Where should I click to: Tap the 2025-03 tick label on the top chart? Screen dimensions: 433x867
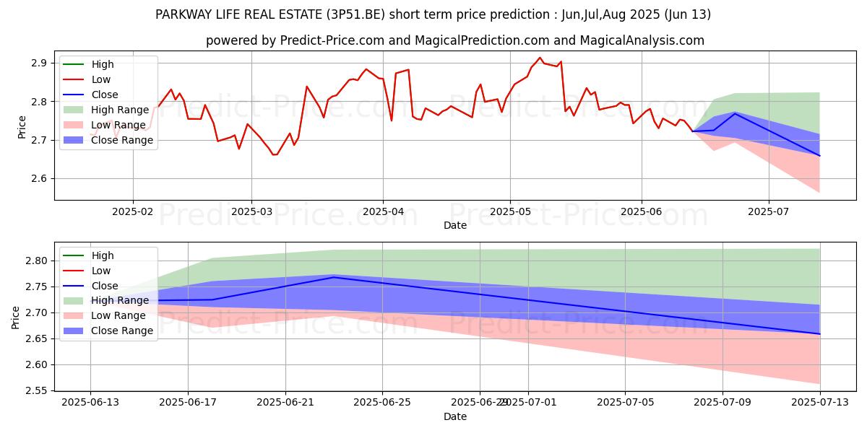pyautogui.click(x=251, y=211)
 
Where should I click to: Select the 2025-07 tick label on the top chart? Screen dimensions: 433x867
pyautogui.click(x=768, y=211)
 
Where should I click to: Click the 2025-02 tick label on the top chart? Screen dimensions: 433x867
pyautogui.click(x=133, y=211)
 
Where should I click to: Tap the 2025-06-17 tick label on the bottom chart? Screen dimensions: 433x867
pyautogui.click(x=188, y=402)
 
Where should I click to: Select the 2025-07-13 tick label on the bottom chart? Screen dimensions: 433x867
pyautogui.click(x=820, y=402)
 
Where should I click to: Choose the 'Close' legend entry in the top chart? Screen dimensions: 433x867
pyautogui.click(x=105, y=95)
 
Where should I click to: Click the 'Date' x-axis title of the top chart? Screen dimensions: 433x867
pyautogui.click(x=455, y=225)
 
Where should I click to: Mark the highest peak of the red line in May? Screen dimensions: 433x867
pyautogui.click(x=540, y=58)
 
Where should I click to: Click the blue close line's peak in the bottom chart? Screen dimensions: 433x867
pyautogui.click(x=334, y=277)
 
